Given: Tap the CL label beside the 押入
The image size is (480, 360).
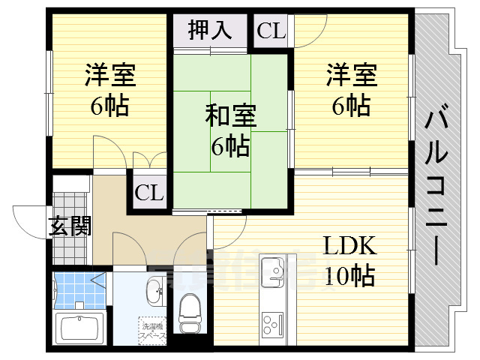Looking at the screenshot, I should tap(271, 31).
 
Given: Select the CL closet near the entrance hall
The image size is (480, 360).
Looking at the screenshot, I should tap(148, 193).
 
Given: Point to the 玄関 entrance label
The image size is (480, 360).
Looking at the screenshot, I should tap(70, 226).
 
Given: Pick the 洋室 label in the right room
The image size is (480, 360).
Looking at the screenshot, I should tap(351, 75).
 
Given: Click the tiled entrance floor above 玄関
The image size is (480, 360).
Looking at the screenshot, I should tap(70, 201).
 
